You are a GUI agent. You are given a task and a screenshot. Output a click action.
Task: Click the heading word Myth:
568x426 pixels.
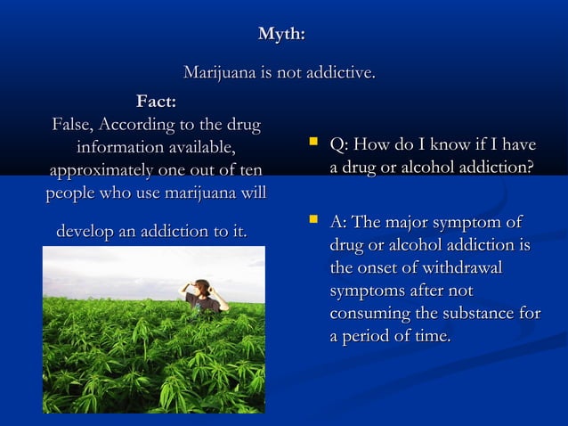tap(281, 35)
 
